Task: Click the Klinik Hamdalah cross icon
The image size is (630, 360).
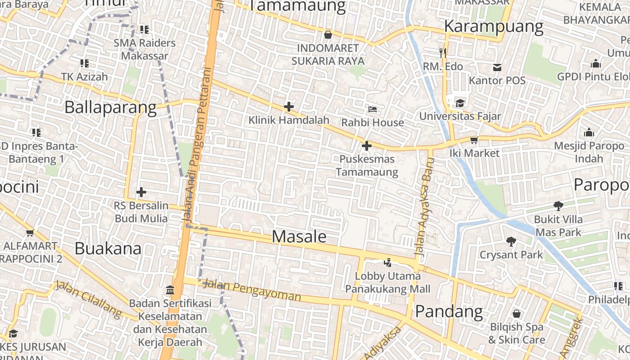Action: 289,107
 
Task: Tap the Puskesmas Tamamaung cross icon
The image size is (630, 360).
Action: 367,146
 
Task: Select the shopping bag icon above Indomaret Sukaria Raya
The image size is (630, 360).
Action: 328,35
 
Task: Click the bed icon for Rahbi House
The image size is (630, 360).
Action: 372,109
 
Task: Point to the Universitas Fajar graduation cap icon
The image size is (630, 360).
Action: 459,103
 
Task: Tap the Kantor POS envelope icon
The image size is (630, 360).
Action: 497,67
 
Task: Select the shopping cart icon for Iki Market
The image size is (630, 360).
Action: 474,140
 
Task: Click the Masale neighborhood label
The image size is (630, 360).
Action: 299,237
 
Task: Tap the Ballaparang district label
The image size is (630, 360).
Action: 110,108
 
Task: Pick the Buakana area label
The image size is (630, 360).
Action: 108,248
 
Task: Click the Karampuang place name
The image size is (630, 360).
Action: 494,27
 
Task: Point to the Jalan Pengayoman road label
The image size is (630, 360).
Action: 252,290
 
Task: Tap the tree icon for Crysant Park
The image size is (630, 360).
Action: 511,242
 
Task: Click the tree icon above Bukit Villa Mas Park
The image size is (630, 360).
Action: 558,206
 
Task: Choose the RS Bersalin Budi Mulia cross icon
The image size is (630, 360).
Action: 141,192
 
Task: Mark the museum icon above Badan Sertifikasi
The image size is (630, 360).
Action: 170,290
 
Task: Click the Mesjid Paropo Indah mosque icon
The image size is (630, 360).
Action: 589,132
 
